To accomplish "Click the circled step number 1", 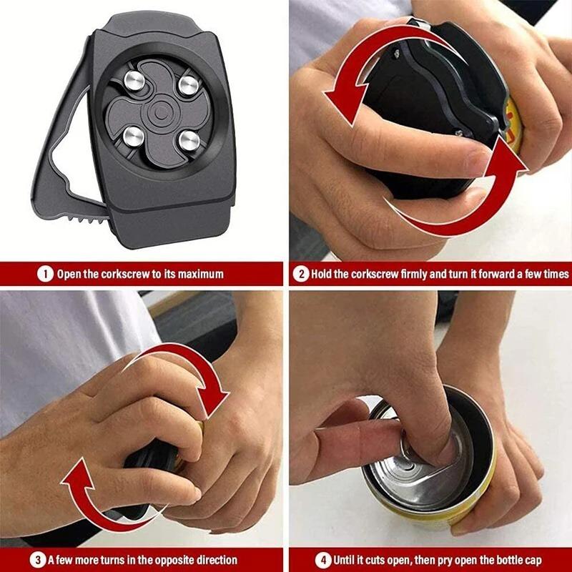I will coord(45,274).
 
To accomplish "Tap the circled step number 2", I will coord(301,274).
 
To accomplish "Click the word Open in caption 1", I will coord(70,274).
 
